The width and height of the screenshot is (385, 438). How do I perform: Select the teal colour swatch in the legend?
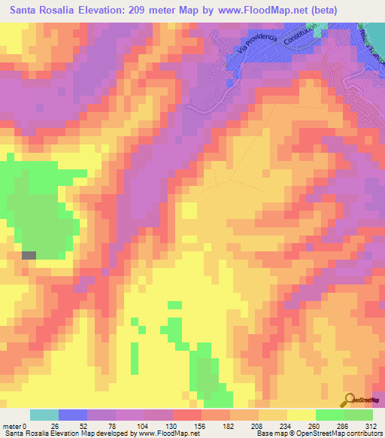point(44,415)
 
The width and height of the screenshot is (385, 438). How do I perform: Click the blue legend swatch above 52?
point(73,415)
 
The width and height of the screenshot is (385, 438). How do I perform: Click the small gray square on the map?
point(29,255)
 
